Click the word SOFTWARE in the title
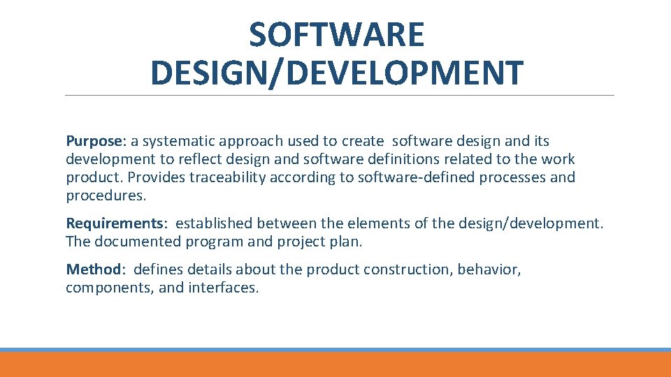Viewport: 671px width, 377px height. click(336, 35)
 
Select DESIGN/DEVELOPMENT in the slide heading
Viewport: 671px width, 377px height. click(336, 73)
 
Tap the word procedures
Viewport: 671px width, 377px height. click(106, 195)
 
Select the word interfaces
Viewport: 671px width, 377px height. click(223, 288)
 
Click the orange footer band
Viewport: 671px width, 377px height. click(335, 365)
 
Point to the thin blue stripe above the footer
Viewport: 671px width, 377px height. click(335, 350)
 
